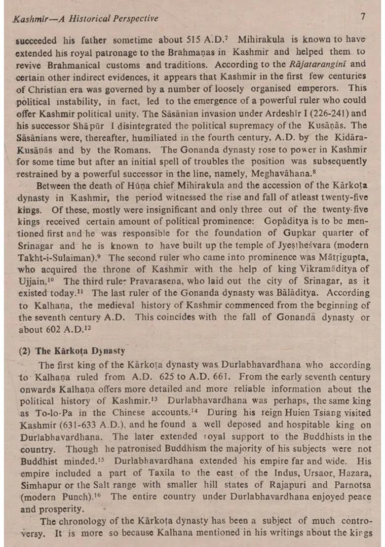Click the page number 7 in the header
[x=363, y=16]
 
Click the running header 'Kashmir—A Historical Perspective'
[x=86, y=19]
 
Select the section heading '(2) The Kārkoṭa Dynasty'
[x=72, y=351]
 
